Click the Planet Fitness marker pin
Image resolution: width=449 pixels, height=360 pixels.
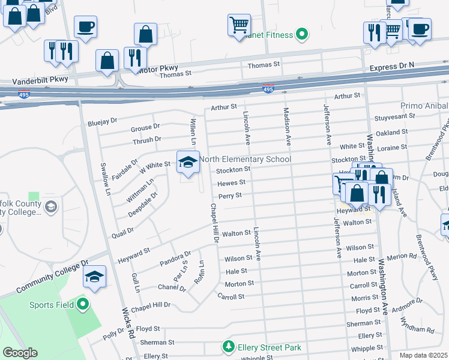(x=303, y=35)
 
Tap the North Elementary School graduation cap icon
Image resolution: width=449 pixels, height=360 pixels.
(x=188, y=162)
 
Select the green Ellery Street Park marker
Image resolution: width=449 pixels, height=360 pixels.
(x=228, y=347)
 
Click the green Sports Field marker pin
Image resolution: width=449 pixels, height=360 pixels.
(x=83, y=304)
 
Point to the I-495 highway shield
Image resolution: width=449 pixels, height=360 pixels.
(x=268, y=89)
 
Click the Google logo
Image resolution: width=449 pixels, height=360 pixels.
(x=20, y=353)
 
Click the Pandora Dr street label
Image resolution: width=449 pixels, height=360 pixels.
(x=175, y=259)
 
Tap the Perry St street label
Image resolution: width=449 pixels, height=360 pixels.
(x=230, y=196)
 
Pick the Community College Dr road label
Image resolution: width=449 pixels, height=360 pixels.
(x=52, y=277)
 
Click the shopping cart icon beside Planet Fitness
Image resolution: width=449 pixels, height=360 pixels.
(x=239, y=25)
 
